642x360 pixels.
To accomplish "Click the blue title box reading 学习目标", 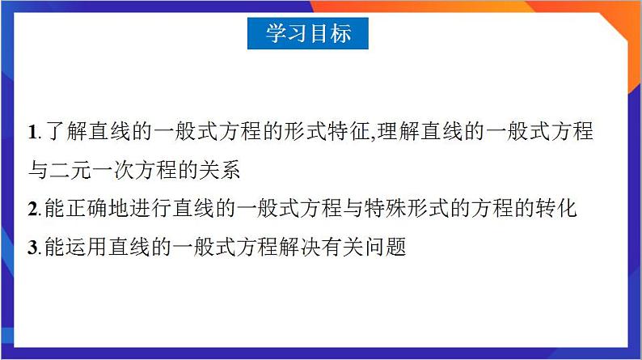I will (308, 33).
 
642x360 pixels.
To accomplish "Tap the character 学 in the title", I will (277, 33).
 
